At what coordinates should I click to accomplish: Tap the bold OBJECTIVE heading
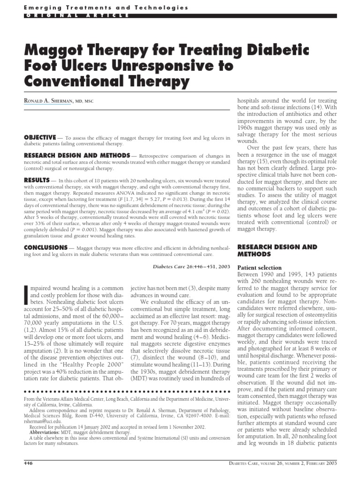pyautogui.click(x=40, y=137)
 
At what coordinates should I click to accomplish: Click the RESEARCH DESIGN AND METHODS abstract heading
pyautogui.click(x=77, y=155)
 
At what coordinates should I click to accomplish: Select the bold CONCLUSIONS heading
pyautogui.click(x=45, y=247)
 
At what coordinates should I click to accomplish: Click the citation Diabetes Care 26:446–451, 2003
pyautogui.click(x=191, y=266)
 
